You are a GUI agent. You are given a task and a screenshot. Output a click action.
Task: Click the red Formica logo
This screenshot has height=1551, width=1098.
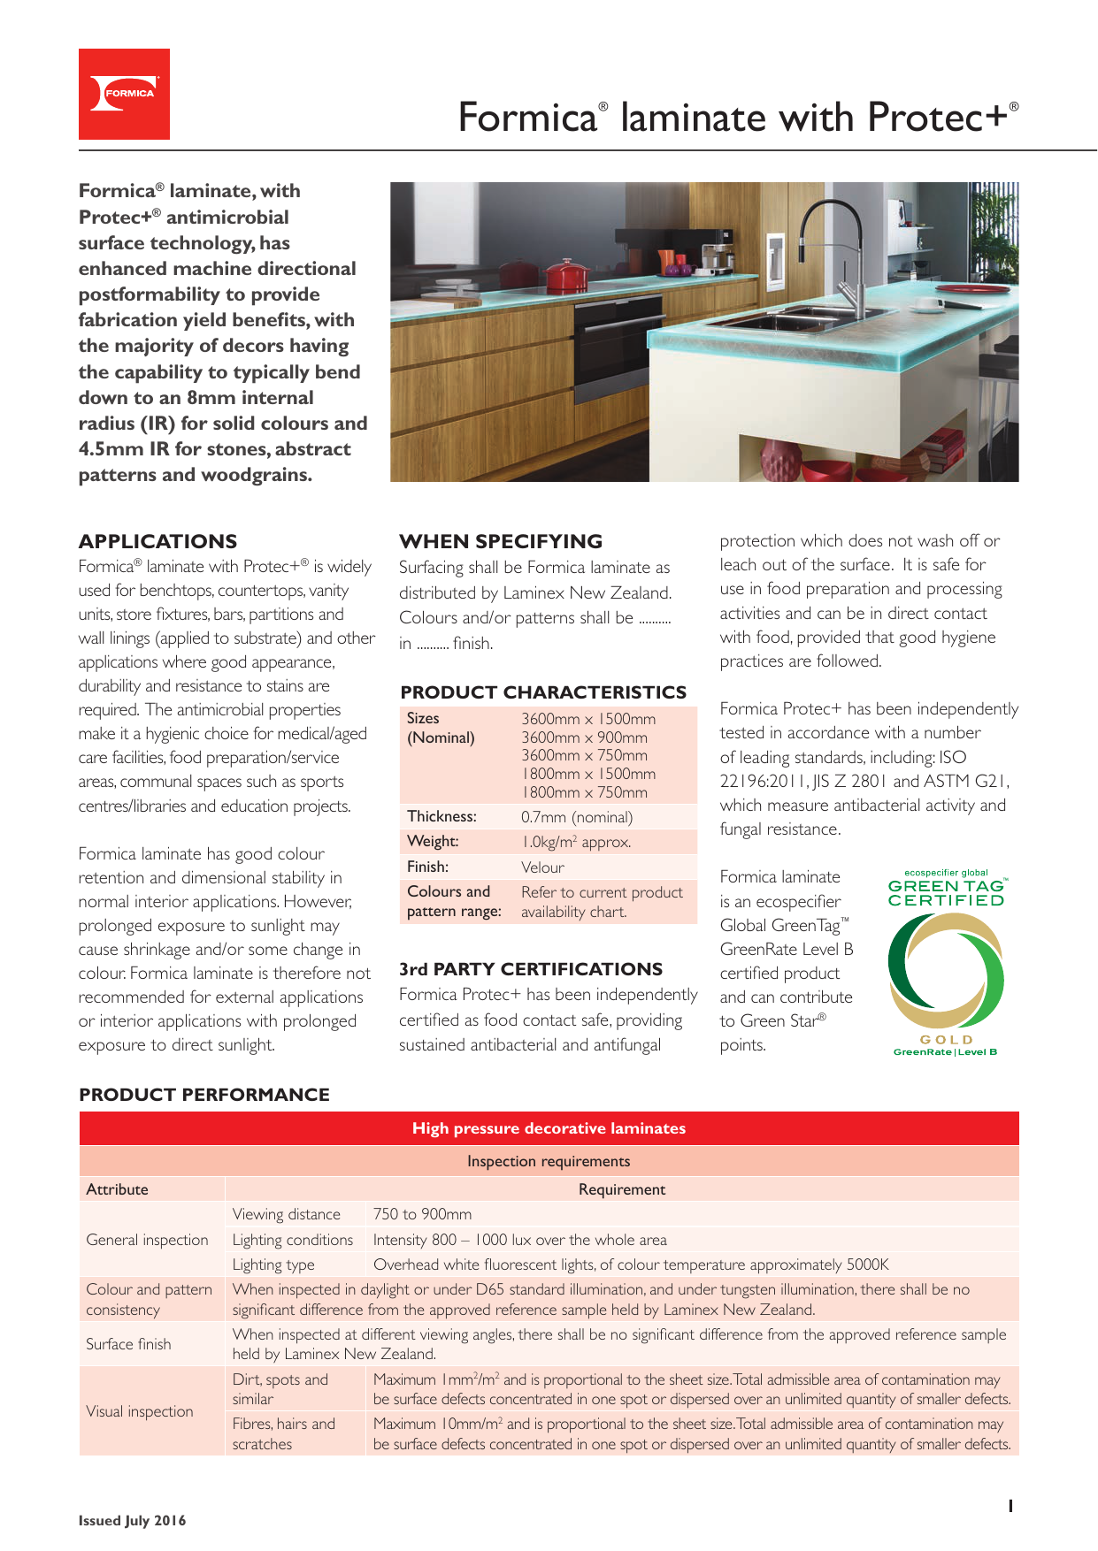tap(124, 94)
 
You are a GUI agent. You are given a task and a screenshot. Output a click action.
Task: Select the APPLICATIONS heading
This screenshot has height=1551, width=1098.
tap(157, 541)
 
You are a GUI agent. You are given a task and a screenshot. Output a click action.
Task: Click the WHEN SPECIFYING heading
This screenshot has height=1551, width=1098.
tap(501, 541)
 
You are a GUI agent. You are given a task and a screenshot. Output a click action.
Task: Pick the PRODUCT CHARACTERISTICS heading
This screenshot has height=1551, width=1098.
tap(543, 692)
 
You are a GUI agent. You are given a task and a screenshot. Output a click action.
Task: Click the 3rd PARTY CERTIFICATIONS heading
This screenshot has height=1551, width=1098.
tap(531, 969)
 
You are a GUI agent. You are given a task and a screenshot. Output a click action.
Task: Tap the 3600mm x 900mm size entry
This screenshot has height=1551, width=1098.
tap(584, 737)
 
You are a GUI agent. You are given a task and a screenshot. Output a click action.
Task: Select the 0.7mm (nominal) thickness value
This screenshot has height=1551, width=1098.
tap(577, 817)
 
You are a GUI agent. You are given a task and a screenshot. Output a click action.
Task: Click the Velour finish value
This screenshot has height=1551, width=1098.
tap(542, 867)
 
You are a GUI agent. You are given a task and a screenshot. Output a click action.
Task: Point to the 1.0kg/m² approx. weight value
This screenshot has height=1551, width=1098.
tap(576, 842)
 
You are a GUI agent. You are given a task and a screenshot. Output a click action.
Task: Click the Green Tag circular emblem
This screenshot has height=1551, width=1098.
tap(946, 971)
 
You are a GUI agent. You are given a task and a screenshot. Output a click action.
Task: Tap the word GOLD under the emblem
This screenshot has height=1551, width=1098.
tap(946, 1040)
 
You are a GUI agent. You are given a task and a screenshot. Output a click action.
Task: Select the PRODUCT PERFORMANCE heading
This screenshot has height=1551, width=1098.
tap(204, 1095)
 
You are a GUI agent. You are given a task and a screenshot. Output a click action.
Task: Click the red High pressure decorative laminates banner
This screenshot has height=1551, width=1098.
tap(549, 1128)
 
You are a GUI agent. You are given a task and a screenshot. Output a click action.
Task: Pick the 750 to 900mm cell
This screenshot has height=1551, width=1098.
tap(422, 1214)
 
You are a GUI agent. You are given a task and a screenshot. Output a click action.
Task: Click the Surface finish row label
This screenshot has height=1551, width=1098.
tap(128, 1344)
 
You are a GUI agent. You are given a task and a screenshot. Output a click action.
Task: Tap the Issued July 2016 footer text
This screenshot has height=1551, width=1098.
tap(133, 1521)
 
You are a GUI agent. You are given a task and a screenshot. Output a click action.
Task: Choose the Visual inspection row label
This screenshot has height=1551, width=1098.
tap(140, 1411)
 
